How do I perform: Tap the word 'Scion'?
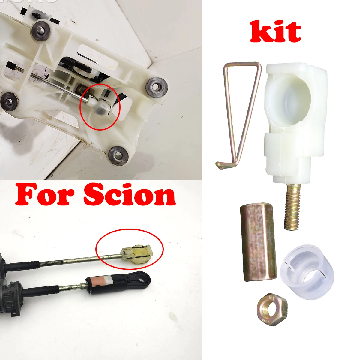click(129, 195)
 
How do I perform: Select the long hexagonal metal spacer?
click(258, 243)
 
